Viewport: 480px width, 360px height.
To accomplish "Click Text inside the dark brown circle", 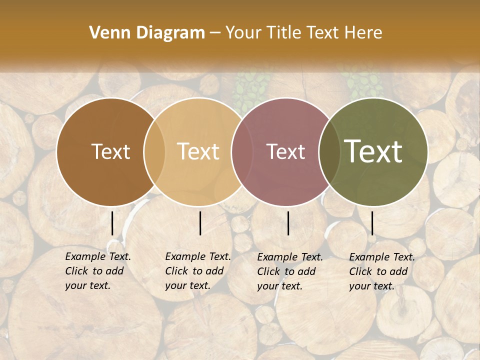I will coord(110,151).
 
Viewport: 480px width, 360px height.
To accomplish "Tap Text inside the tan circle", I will coord(198,151).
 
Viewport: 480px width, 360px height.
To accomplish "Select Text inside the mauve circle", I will coord(285,151).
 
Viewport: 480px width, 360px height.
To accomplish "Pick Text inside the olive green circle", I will coord(373,151).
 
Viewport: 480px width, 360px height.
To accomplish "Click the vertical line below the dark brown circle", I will coord(112,223).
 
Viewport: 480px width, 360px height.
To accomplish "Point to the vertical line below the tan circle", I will coord(200,223).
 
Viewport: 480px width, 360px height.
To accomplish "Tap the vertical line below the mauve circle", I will coord(288,223).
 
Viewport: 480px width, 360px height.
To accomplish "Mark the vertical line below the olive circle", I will coord(372,223).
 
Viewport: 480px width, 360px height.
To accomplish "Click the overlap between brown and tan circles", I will coord(154,152).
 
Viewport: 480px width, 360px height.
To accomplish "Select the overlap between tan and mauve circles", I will coord(238,152).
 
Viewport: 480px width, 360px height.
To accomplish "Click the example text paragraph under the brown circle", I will coord(98,271).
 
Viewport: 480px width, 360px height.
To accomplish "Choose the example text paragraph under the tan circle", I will coord(198,271).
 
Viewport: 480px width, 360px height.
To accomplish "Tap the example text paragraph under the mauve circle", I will coord(290,271).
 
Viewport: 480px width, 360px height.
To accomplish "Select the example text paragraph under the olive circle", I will coord(382,271).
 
